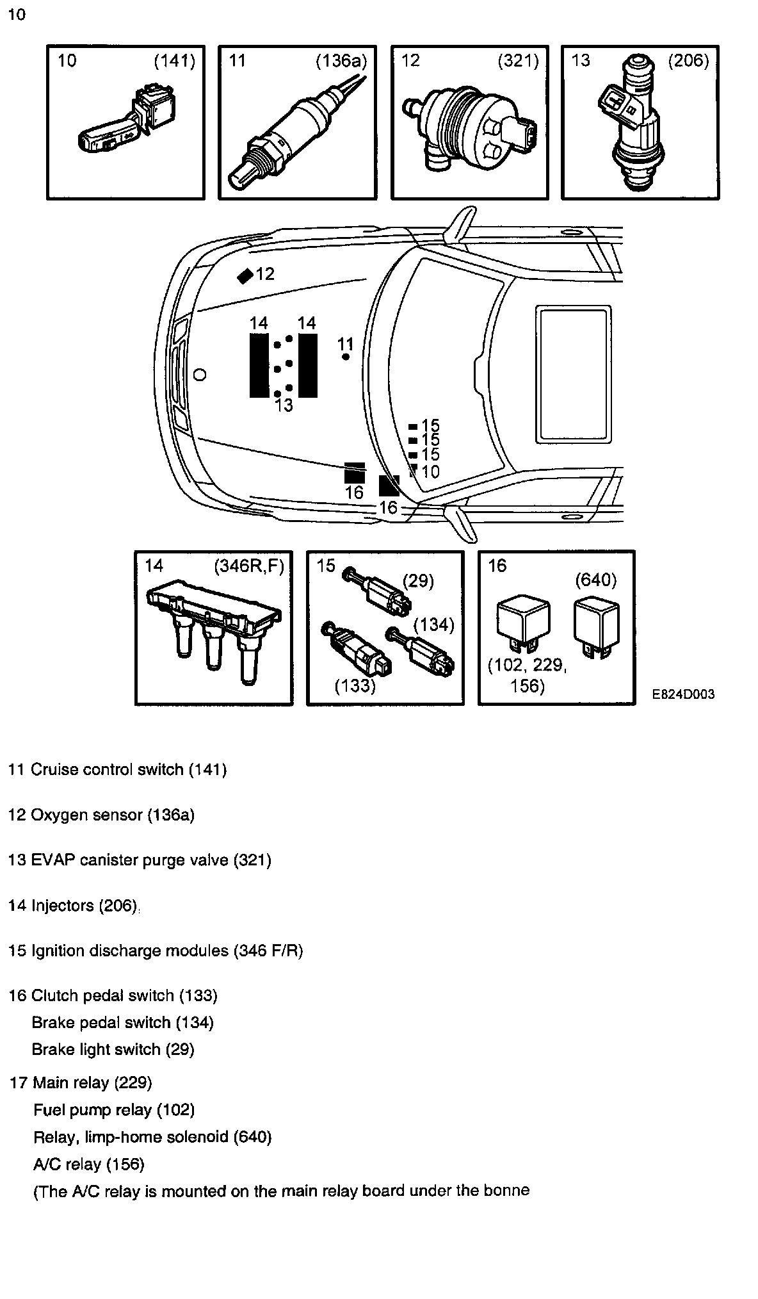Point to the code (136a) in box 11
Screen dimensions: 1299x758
(x=341, y=61)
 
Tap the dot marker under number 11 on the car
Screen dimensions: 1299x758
(x=346, y=357)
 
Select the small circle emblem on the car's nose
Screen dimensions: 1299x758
(x=200, y=375)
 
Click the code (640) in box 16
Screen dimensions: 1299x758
(x=595, y=580)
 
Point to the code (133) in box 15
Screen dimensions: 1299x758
(x=355, y=685)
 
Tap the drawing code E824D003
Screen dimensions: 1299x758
(x=684, y=694)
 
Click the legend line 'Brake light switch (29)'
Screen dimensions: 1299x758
(x=113, y=1049)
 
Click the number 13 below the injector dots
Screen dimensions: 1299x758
(x=284, y=405)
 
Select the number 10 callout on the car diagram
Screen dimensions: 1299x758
(x=431, y=472)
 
